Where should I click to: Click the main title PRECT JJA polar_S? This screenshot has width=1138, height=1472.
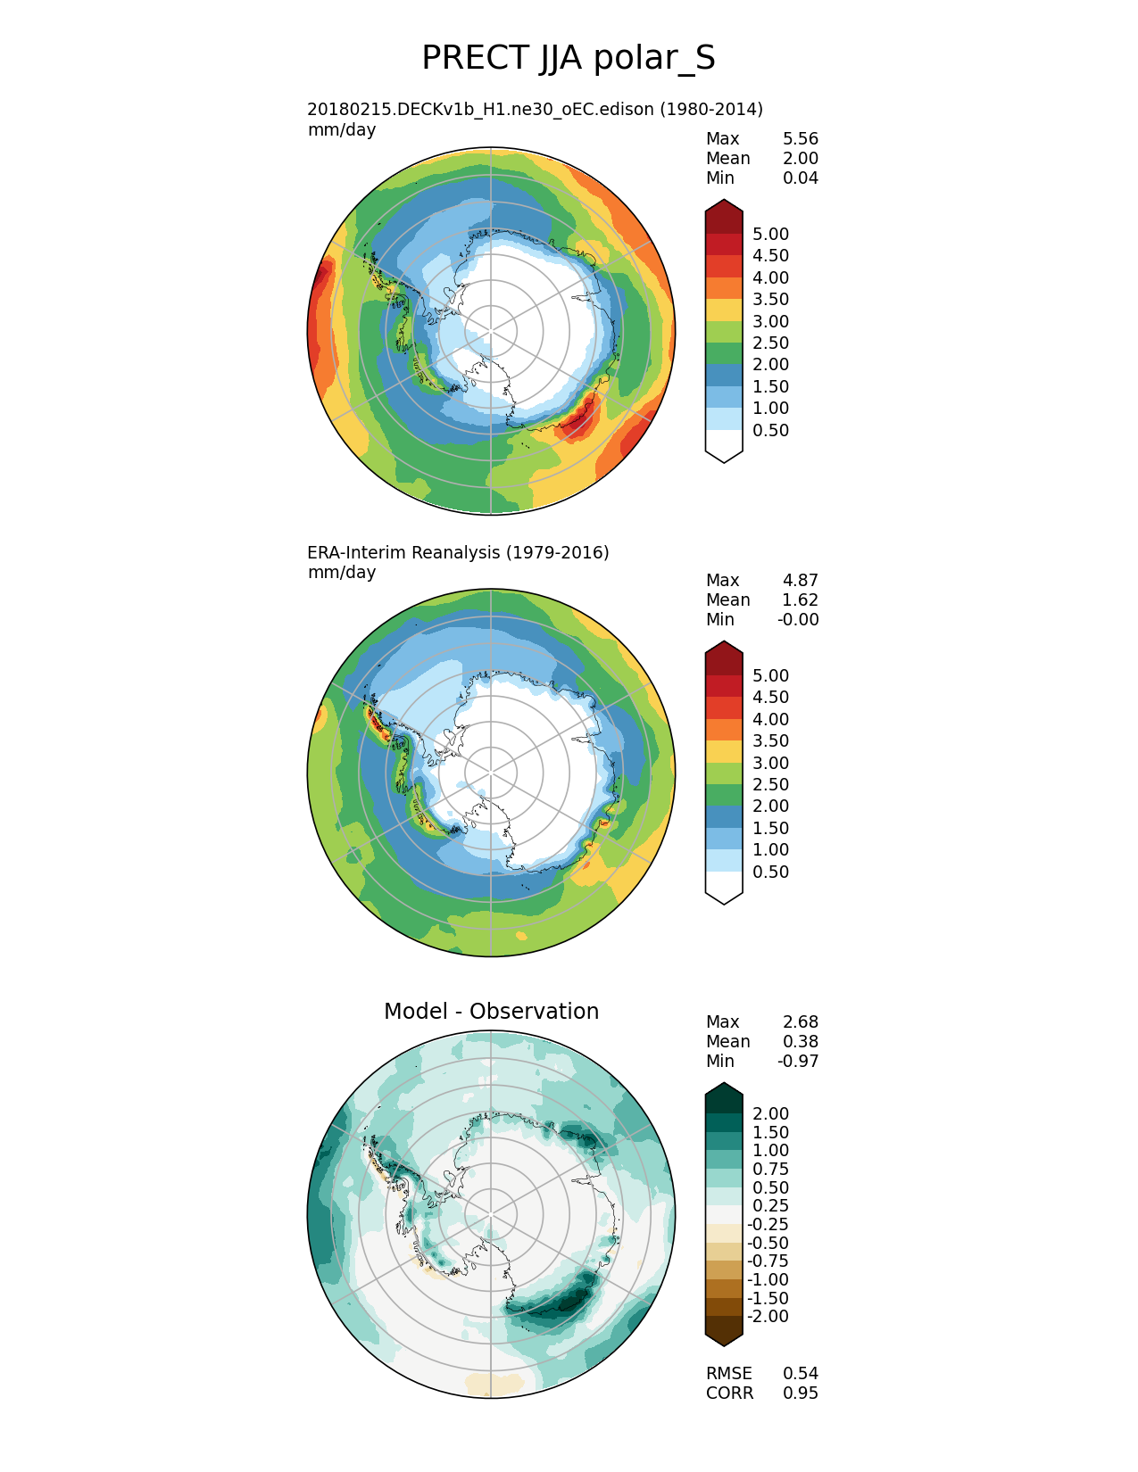(x=568, y=58)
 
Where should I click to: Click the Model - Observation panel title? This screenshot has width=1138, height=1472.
(x=491, y=1011)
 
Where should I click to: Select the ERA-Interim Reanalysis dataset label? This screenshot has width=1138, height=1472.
(x=458, y=552)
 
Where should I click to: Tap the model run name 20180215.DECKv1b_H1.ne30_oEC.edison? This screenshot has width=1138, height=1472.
(x=535, y=109)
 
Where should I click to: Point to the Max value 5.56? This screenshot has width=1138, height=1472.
(x=800, y=138)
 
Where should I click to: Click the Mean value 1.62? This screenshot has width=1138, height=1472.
(x=800, y=600)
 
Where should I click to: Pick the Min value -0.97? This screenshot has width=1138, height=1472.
(x=798, y=1061)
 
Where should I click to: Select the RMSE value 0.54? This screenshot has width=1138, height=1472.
(x=800, y=1373)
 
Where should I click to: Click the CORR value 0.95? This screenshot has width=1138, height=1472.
(x=800, y=1393)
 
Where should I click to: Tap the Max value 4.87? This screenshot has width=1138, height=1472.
(x=800, y=580)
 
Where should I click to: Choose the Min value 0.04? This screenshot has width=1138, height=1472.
(x=800, y=178)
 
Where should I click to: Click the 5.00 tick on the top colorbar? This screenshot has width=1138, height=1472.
(x=770, y=234)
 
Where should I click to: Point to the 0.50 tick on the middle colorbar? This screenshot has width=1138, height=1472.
(x=770, y=872)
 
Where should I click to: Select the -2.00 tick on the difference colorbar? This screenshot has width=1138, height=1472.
(x=768, y=1316)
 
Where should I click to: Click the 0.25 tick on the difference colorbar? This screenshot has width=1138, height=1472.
(x=770, y=1205)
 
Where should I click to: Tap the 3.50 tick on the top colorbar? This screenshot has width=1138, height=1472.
(x=770, y=299)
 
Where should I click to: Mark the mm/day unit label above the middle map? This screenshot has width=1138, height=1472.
(x=341, y=572)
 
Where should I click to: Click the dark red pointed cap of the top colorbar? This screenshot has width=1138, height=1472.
(x=724, y=214)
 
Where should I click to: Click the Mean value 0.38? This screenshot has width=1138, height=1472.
(x=800, y=1041)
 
